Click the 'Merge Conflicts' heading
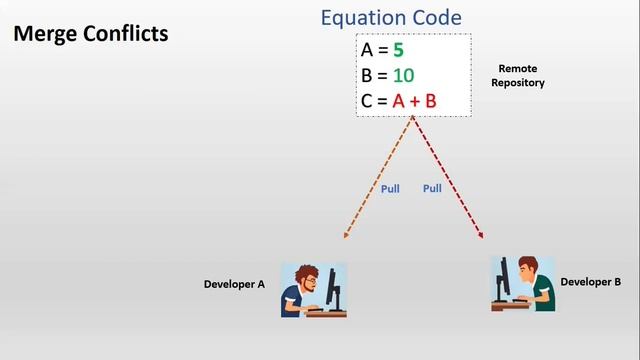click(90, 34)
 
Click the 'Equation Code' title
click(391, 18)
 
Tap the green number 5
click(398, 49)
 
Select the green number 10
click(403, 75)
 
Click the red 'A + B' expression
click(414, 101)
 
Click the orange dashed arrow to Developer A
click(378, 178)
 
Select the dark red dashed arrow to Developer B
click(449, 178)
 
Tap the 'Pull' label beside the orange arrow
click(390, 188)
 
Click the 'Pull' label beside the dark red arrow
click(432, 188)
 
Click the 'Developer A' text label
click(234, 284)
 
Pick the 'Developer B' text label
click(590, 282)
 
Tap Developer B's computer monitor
click(503, 276)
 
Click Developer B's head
click(529, 267)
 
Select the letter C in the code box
click(367, 101)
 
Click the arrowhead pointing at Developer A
click(346, 236)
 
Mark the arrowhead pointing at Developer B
click(481, 235)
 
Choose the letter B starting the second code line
click(367, 75)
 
